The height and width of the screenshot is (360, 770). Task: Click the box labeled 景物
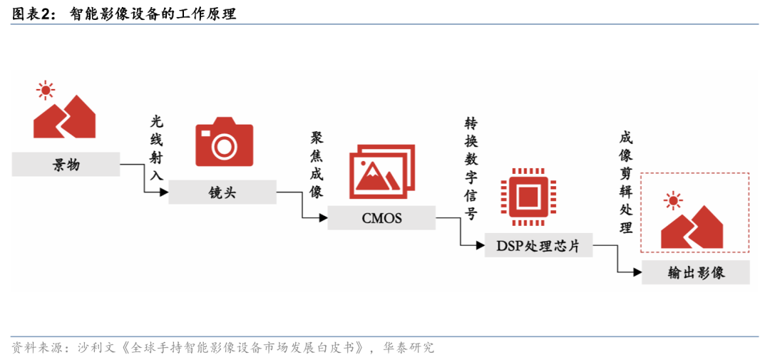[x=66, y=165]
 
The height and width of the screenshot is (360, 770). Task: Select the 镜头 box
[x=222, y=192]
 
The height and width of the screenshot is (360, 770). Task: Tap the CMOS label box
[x=381, y=218]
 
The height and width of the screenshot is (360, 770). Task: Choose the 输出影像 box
[x=695, y=272]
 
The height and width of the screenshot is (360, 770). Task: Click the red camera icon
[x=224, y=143]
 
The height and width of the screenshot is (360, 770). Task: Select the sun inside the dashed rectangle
[x=672, y=200]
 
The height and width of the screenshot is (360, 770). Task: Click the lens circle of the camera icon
[x=225, y=147]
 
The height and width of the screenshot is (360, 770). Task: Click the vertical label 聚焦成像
[x=317, y=165]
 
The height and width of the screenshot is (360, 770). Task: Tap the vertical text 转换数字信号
[x=471, y=168]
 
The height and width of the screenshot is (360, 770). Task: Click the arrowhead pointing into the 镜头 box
[x=163, y=192]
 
